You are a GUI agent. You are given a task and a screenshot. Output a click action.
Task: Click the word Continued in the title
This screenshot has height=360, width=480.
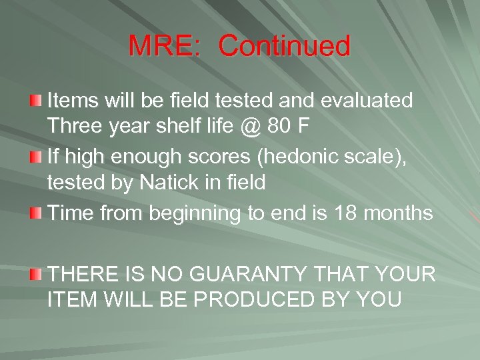(x=284, y=47)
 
